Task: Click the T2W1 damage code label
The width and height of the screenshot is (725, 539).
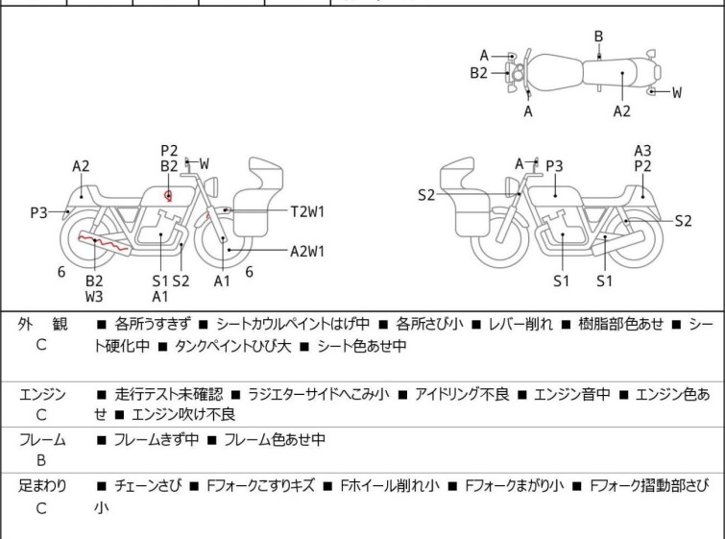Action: click(308, 210)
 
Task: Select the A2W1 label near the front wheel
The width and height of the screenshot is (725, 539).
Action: click(307, 252)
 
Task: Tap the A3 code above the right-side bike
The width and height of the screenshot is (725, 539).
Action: click(642, 150)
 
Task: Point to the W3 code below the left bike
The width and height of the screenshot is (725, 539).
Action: click(94, 297)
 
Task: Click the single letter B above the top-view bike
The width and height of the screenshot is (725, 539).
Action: click(598, 37)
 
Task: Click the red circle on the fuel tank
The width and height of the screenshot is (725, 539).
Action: click(169, 196)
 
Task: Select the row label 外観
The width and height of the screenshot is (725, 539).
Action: click(42, 325)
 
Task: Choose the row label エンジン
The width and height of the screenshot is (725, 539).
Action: click(42, 395)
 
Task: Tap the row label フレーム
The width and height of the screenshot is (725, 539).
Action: click(42, 440)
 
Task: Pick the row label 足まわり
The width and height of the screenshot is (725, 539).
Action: click(42, 486)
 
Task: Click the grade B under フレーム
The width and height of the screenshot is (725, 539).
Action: click(41, 460)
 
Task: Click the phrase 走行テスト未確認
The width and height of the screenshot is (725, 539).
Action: click(169, 395)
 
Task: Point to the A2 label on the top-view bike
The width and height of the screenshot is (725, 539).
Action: click(622, 111)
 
